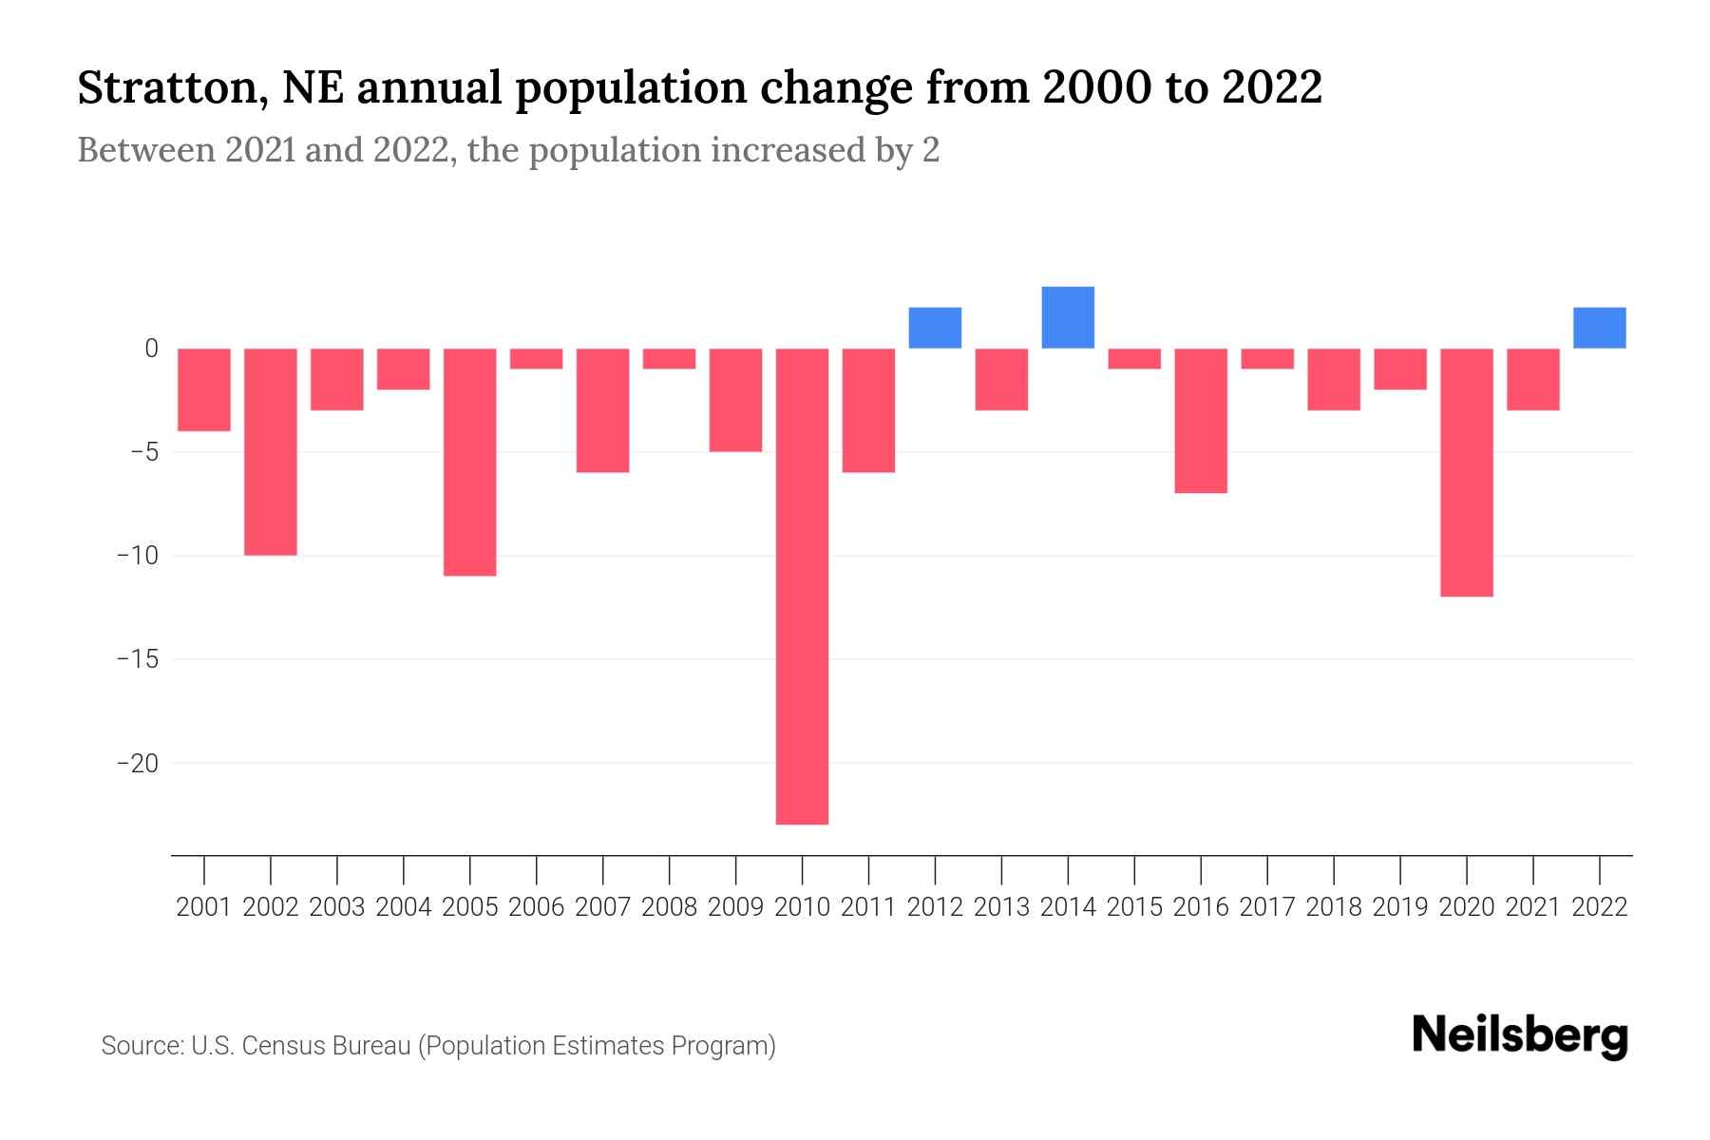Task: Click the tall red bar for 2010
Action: [802, 586]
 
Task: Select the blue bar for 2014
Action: [1068, 317]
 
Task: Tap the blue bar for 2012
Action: [935, 328]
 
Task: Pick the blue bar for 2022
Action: [1600, 328]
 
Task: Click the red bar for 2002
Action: [271, 451]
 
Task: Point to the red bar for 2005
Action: [470, 462]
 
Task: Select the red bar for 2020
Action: [1467, 472]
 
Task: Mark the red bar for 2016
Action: [1201, 420]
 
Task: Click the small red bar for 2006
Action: [537, 358]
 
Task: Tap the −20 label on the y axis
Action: [137, 763]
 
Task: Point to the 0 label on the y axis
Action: [151, 349]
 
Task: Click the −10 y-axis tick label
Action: [137, 556]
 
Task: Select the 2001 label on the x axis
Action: [204, 907]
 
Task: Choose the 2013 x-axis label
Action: [1001, 907]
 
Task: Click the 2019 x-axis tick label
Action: [1400, 907]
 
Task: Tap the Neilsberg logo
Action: [1520, 1037]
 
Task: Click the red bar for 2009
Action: [735, 400]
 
